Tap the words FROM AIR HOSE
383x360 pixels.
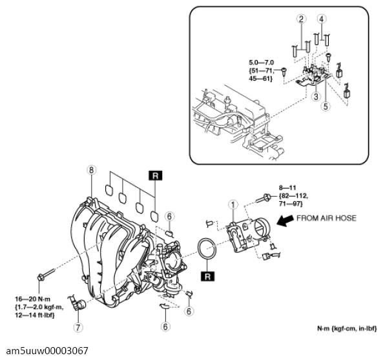pos(326,218)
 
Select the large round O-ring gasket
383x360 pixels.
pos(207,250)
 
